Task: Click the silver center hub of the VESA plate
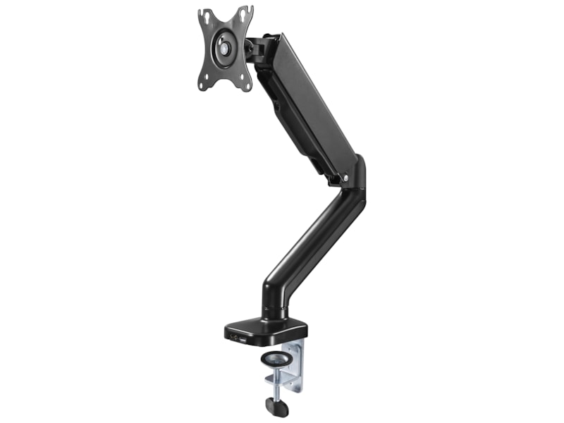coord(224,48)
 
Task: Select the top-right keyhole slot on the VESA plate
coord(245,13)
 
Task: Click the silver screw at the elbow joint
coord(345,178)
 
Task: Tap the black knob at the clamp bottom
coord(275,406)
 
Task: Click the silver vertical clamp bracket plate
coord(296,367)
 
